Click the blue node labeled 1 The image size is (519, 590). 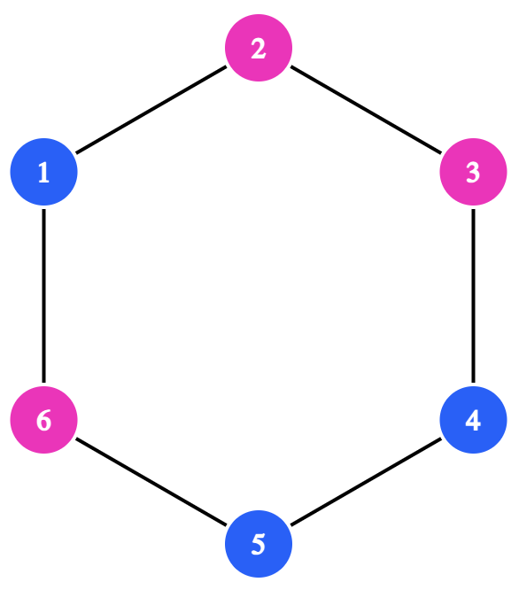pyautogui.click(x=43, y=172)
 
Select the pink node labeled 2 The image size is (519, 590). pyautogui.click(x=259, y=48)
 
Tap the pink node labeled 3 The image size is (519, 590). pyautogui.click(x=474, y=172)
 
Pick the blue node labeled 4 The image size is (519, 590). pyautogui.click(x=474, y=420)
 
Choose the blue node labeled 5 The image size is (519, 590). pyautogui.click(x=259, y=544)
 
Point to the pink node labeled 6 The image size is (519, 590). pyautogui.click(x=43, y=420)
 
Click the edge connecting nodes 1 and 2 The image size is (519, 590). pyautogui.click(x=151, y=110)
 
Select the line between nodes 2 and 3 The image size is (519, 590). pyautogui.click(x=366, y=110)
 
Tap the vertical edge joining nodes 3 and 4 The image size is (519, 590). pyautogui.click(x=474, y=296)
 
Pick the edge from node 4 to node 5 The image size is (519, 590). pyautogui.click(x=366, y=482)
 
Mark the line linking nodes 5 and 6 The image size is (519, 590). pyautogui.click(x=151, y=482)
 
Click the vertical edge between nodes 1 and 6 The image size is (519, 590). pyautogui.click(x=43, y=296)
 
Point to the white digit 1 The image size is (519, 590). pyautogui.click(x=43, y=173)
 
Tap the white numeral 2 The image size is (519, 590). pyautogui.click(x=259, y=48)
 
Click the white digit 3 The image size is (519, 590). pyautogui.click(x=474, y=173)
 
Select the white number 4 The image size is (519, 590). pyautogui.click(x=473, y=420)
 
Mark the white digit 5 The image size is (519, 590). pyautogui.click(x=259, y=545)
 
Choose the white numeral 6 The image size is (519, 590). pyautogui.click(x=43, y=420)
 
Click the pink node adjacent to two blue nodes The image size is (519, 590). pyautogui.click(x=43, y=420)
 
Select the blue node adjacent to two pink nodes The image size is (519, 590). pyautogui.click(x=43, y=172)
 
